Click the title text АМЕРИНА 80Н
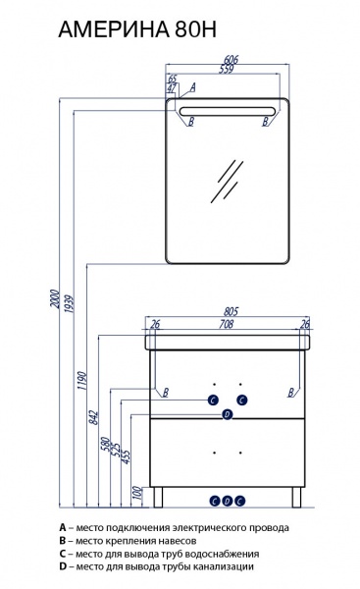pos(137,30)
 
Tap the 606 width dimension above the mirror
pos(231,59)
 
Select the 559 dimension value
pos(227,69)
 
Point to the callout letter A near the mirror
pos(193,87)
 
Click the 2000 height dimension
pos(55,298)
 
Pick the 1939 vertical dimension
pos(69,304)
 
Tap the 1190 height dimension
pos(81,381)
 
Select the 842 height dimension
pos(93,418)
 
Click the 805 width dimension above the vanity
pos(231,311)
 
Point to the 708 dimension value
pos(227,324)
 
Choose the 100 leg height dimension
pos(137,493)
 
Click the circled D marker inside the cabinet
pos(228,414)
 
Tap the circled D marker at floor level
pos(228,501)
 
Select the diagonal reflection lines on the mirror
pos(227,182)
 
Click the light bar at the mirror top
pos(228,111)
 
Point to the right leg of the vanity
pos(297,497)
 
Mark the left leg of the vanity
pos(158,497)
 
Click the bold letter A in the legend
pos(63,527)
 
